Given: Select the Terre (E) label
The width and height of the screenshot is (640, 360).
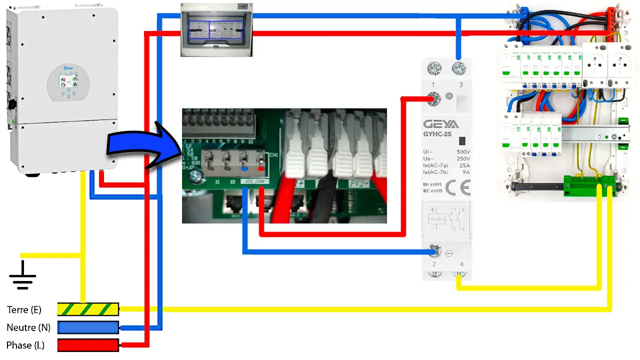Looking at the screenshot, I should point(24,310).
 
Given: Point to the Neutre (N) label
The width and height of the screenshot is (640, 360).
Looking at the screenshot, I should point(28,328).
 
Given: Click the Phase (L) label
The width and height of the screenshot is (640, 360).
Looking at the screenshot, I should point(25,345).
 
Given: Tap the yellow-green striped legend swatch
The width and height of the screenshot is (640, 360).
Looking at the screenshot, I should point(88,309).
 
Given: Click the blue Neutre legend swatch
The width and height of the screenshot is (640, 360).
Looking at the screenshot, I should point(88,327).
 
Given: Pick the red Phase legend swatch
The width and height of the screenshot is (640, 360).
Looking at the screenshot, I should point(88,345).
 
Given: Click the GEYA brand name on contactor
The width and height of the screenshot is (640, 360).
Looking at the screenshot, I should point(441,124).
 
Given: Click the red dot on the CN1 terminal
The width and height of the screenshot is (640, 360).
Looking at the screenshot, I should point(260,168).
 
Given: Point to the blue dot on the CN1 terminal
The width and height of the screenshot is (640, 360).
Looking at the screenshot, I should point(244,168).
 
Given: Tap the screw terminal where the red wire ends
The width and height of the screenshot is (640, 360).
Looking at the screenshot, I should point(435,99).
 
